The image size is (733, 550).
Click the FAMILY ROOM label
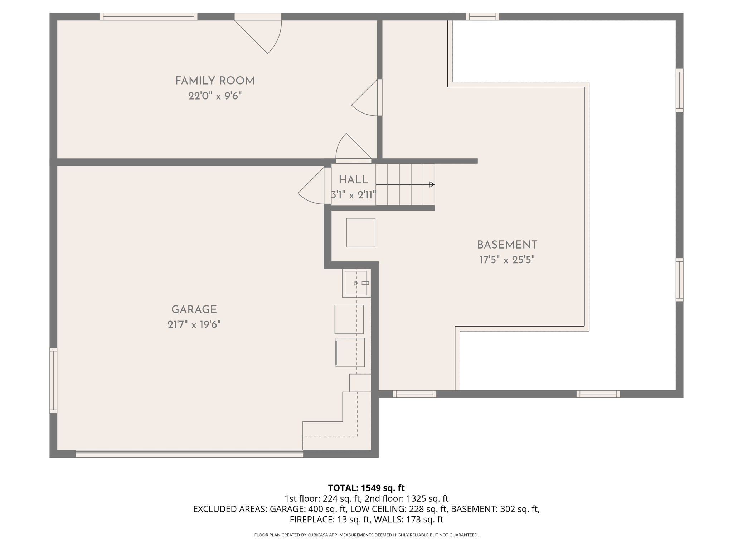click(215, 81)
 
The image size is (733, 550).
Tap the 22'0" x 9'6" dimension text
click(215, 96)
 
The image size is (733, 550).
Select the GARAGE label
click(194, 309)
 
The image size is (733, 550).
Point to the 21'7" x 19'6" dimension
click(194, 325)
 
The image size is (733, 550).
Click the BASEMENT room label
click(507, 245)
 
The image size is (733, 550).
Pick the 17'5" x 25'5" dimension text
click(507, 260)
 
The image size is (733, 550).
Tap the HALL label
click(353, 180)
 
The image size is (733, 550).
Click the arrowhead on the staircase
click(432, 184)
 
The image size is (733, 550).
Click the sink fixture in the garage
click(356, 283)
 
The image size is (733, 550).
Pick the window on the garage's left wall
click(53, 380)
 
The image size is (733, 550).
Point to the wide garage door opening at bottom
click(189, 454)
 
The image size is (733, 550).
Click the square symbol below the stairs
click(360, 233)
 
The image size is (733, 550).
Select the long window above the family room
click(149, 16)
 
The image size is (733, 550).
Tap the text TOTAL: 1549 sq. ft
click(366, 488)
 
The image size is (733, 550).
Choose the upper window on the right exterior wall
click(679, 90)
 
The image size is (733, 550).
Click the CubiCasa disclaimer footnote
click(366, 535)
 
